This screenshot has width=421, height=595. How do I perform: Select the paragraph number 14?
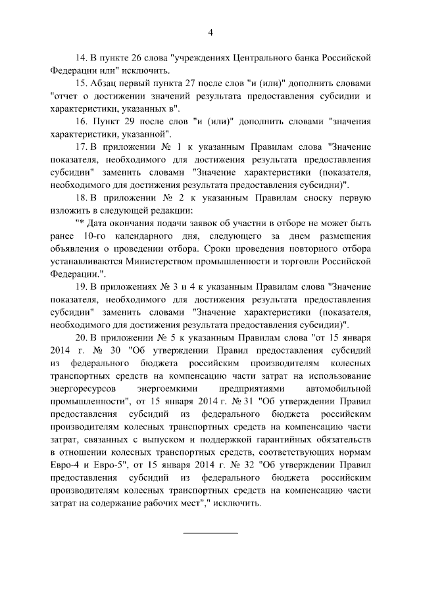[x=82, y=57]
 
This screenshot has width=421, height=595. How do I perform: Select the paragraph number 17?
[x=82, y=148]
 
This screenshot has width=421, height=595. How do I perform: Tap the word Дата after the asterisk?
[x=99, y=224]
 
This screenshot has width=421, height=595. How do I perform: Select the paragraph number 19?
[x=82, y=287]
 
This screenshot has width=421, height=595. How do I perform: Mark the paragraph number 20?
[x=82, y=337]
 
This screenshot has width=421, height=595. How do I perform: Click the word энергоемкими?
[x=164, y=388]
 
